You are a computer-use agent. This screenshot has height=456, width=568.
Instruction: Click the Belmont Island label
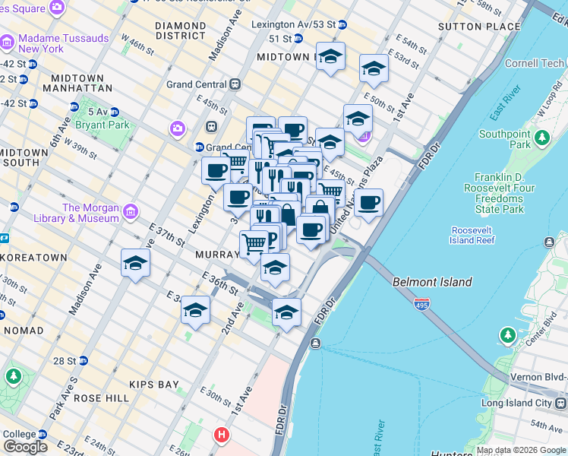click(431, 282)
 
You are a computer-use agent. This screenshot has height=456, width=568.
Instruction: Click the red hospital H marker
click(221, 435)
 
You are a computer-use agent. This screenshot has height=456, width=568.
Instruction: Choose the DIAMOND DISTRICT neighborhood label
click(180, 30)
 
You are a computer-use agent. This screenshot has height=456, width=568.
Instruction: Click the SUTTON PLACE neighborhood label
click(479, 27)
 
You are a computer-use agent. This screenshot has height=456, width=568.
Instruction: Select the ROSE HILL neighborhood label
click(99, 398)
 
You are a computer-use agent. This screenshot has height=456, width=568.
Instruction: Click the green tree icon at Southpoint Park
click(541, 137)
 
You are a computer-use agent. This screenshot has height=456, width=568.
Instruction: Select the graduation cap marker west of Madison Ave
click(135, 263)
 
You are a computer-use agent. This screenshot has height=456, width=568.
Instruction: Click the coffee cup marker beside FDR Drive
click(368, 202)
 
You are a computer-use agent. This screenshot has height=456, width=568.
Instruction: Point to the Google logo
click(25, 447)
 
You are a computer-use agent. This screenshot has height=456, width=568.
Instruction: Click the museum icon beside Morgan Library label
click(131, 211)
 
